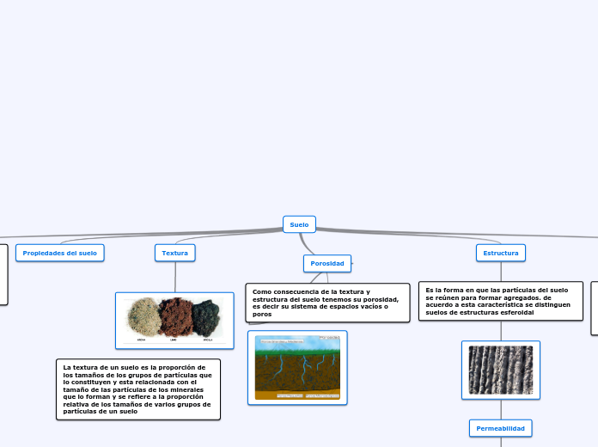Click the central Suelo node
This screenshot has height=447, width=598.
click(x=299, y=224)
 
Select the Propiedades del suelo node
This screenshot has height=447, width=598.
click(x=59, y=253)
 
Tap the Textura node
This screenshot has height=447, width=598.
click(x=174, y=253)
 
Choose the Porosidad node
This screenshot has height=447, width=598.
click(x=327, y=263)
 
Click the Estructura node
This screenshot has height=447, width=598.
click(x=501, y=253)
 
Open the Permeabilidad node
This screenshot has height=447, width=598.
click(x=501, y=427)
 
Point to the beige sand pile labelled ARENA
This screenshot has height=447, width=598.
click(x=143, y=316)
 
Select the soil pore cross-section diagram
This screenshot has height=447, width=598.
click(x=297, y=368)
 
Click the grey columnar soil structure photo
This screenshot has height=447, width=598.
click(x=501, y=370)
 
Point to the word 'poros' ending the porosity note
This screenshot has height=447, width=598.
click(x=262, y=315)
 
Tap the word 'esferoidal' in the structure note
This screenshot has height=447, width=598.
click(x=515, y=312)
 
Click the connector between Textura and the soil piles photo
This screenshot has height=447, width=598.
click(x=174, y=277)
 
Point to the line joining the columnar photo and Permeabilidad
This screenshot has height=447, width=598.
click(x=501, y=409)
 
